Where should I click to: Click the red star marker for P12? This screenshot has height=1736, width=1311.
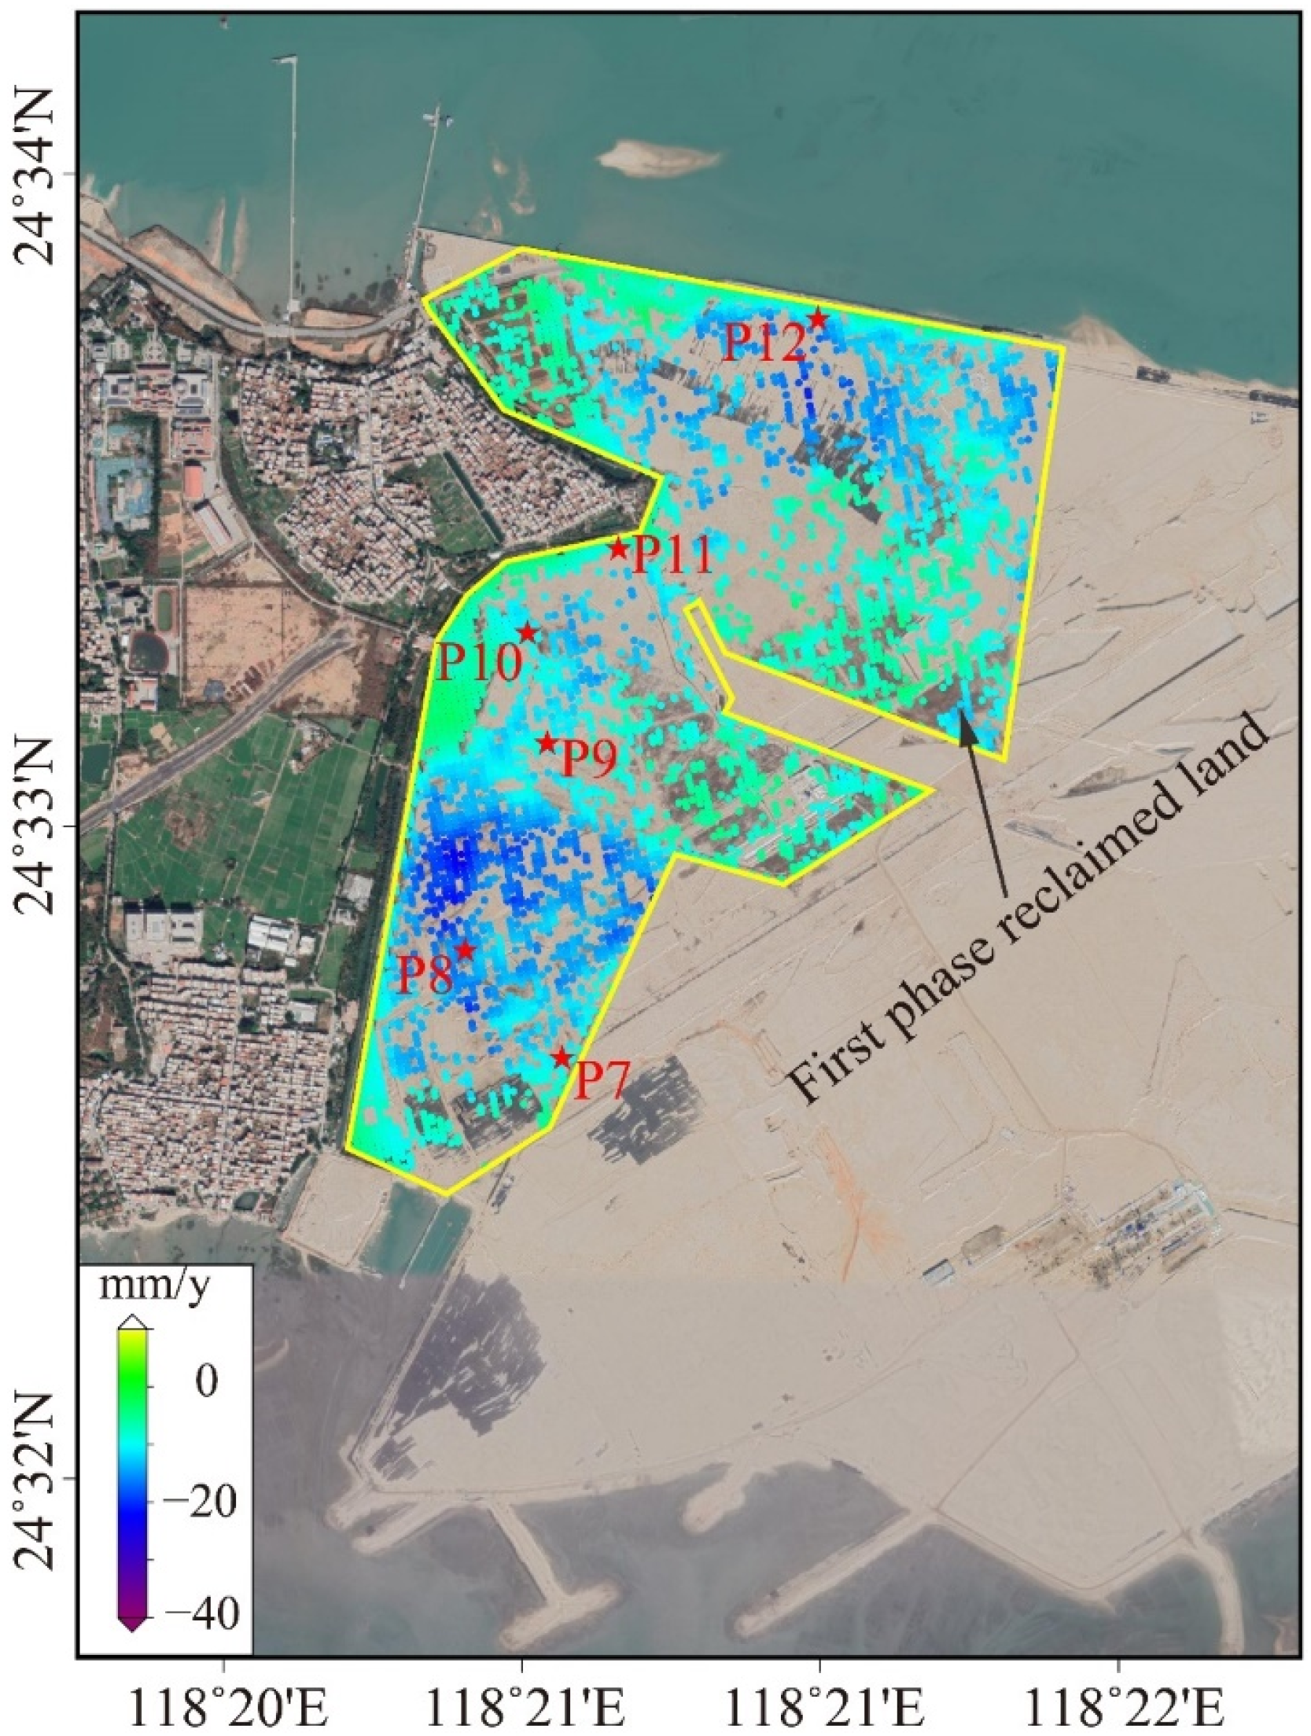818,319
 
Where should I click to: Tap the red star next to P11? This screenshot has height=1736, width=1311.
618,549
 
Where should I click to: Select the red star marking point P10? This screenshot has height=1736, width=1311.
527,632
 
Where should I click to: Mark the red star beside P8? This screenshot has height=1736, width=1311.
465,950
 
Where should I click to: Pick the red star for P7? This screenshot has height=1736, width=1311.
561,1057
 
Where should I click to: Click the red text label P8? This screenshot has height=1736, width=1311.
425,975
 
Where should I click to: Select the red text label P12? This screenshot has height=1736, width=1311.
764,342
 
